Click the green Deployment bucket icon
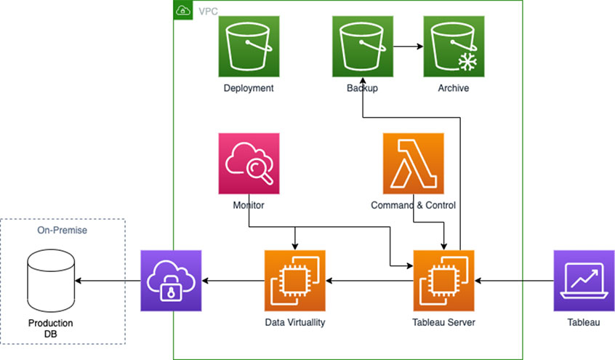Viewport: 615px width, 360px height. coord(249,47)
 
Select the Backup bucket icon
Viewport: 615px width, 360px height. coord(362,47)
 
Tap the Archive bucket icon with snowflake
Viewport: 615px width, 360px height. coord(454,47)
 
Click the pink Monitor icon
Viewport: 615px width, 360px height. coord(249,164)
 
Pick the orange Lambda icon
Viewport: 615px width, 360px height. coord(414,164)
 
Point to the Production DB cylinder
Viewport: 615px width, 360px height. coord(51,280)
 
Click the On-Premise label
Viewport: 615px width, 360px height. coord(62,230)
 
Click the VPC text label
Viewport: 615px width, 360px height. coord(208,11)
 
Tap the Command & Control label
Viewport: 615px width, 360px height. coord(413,206)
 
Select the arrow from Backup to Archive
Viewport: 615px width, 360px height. coord(408,47)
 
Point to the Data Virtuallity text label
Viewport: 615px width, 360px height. coord(294,322)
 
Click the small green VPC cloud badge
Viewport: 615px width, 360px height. coord(182,10)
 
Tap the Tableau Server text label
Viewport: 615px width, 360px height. coord(443,322)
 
